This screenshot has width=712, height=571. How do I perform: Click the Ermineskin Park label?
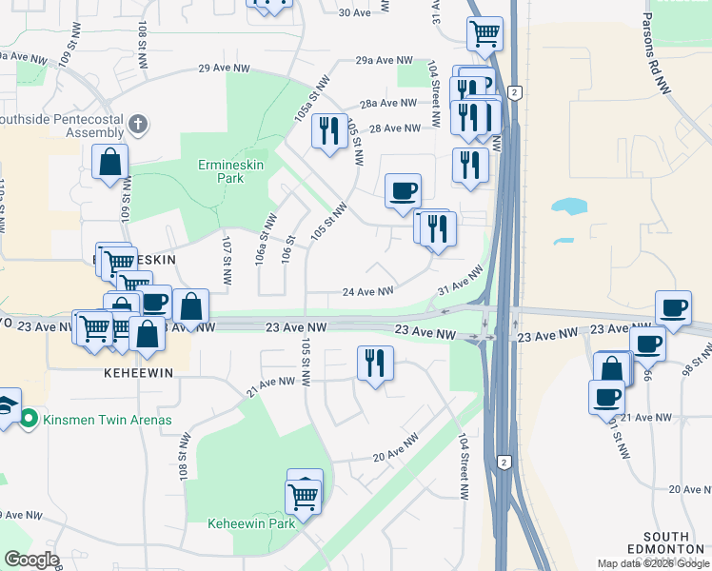point(221,171)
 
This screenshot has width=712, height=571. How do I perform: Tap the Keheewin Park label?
point(252,523)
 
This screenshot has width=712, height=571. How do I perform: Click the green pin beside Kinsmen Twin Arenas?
point(30,418)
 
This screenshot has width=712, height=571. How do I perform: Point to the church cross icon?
point(138,124)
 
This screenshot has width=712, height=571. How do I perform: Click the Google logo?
point(31,560)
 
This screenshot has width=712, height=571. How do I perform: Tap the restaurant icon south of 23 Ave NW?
point(374,363)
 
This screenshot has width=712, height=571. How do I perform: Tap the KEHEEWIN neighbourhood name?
point(139,374)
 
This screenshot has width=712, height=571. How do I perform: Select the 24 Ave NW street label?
point(367,292)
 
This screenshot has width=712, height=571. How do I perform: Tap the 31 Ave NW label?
point(461,280)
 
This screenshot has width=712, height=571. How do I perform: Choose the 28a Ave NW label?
point(388,103)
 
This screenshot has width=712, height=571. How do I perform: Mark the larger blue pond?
point(569,207)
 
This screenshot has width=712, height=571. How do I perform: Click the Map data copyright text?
point(653,563)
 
